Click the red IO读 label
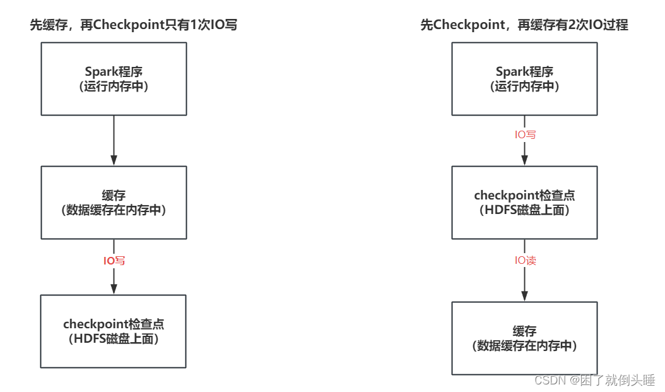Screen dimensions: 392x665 (525, 260)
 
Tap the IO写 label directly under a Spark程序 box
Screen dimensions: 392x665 (525, 134)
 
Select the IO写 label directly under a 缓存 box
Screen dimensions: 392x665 (114, 260)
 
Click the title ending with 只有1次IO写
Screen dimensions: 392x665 (134, 25)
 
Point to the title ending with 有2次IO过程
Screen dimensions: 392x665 (524, 25)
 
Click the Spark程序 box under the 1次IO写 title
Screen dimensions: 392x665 (114, 79)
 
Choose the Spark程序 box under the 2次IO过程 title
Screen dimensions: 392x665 (524, 79)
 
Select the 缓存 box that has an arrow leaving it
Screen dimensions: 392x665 (114, 203)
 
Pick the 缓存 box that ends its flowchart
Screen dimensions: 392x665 (524, 338)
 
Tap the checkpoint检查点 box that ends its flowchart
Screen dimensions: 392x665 (114, 331)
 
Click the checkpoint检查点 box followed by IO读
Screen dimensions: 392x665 (524, 203)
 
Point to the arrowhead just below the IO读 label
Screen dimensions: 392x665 (525, 295)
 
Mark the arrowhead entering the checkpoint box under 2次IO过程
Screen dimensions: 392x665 (525, 160)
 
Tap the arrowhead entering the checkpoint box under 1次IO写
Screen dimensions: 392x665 (114, 288)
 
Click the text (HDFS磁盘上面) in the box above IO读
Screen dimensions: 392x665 (524, 210)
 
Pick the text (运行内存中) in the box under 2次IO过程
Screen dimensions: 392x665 (524, 86)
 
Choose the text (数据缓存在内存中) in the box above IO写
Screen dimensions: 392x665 (114, 211)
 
